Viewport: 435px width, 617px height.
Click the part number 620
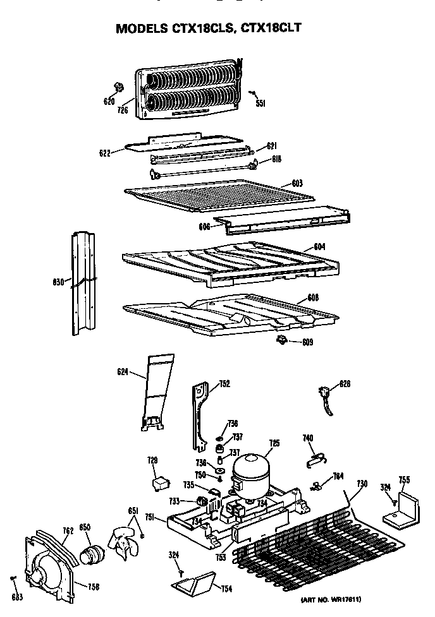(x=109, y=101)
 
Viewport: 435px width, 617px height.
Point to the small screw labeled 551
(x=253, y=94)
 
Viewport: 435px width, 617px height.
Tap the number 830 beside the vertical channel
(x=58, y=282)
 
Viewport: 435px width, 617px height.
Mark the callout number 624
(x=122, y=373)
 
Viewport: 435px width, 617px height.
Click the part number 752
(x=224, y=383)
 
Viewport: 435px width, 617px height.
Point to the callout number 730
(x=362, y=484)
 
